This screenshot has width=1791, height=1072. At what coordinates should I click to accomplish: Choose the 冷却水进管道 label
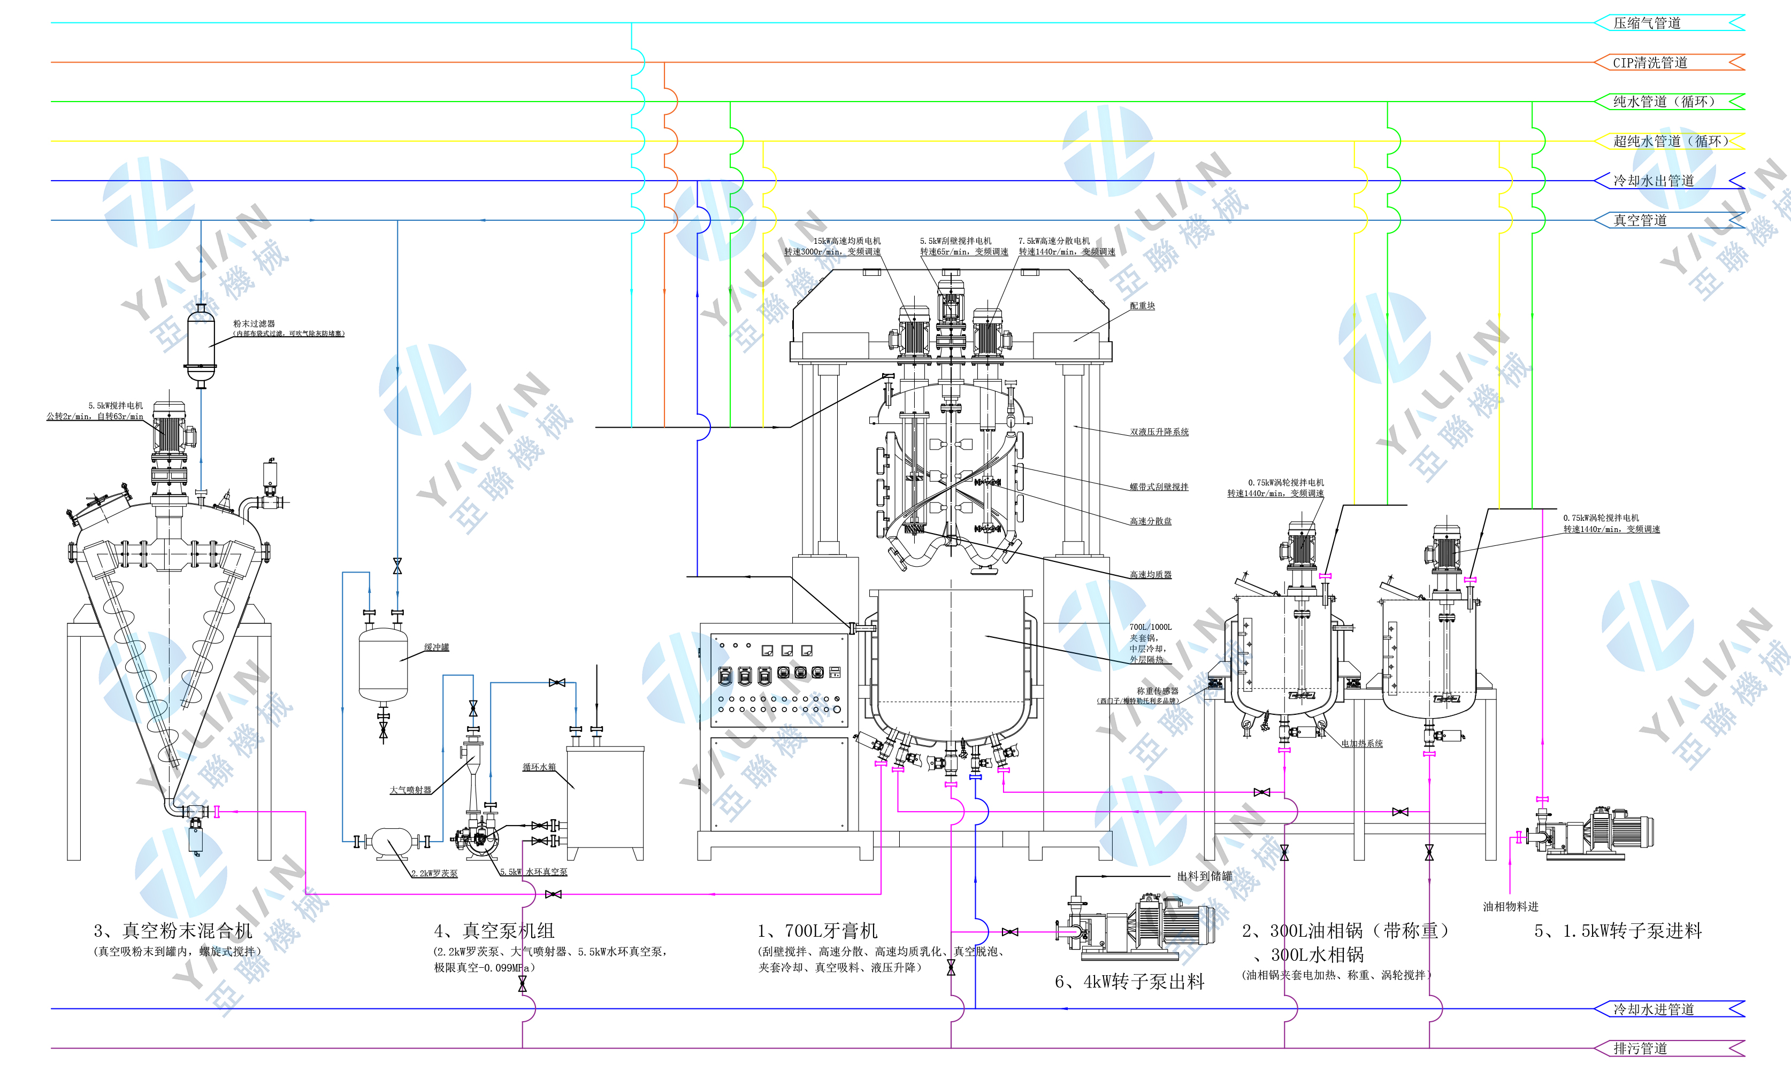[x=1653, y=1009]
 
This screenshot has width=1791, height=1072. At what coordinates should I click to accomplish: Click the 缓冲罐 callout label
[x=436, y=647]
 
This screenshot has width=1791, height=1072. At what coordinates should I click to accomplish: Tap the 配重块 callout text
[x=1142, y=306]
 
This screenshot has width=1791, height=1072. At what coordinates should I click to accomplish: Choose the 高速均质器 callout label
[x=1151, y=574]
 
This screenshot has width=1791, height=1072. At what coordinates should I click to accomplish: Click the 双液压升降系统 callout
[x=1159, y=432]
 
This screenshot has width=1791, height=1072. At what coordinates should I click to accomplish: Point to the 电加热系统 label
[x=1361, y=743]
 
